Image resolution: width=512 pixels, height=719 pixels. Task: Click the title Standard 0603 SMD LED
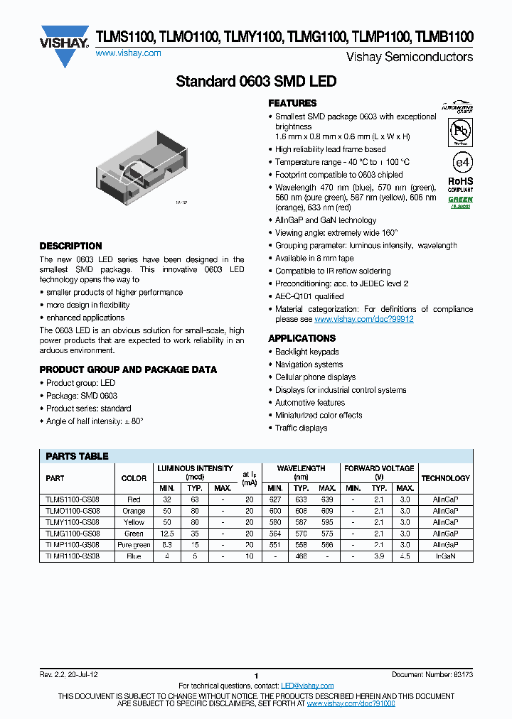tap(256, 82)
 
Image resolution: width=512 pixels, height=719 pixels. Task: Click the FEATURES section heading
tap(292, 103)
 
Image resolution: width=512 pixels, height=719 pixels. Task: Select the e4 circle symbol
tap(462, 162)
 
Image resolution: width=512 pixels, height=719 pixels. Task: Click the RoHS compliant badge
tap(460, 185)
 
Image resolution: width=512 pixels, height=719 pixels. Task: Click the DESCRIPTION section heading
tap(70, 246)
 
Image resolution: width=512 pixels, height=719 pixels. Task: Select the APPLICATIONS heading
tap(302, 338)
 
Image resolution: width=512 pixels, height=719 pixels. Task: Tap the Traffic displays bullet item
tap(302, 428)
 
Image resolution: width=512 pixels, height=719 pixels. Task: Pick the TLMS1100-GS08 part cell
tap(73, 499)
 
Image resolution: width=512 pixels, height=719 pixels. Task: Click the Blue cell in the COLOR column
tap(134, 556)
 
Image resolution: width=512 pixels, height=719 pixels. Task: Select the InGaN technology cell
tap(445, 556)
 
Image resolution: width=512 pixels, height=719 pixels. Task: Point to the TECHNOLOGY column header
tap(445, 478)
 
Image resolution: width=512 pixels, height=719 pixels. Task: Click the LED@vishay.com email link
tap(307, 686)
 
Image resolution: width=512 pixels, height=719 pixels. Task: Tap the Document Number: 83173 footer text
tap(432, 674)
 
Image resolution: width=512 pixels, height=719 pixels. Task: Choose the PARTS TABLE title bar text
tap(77, 456)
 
